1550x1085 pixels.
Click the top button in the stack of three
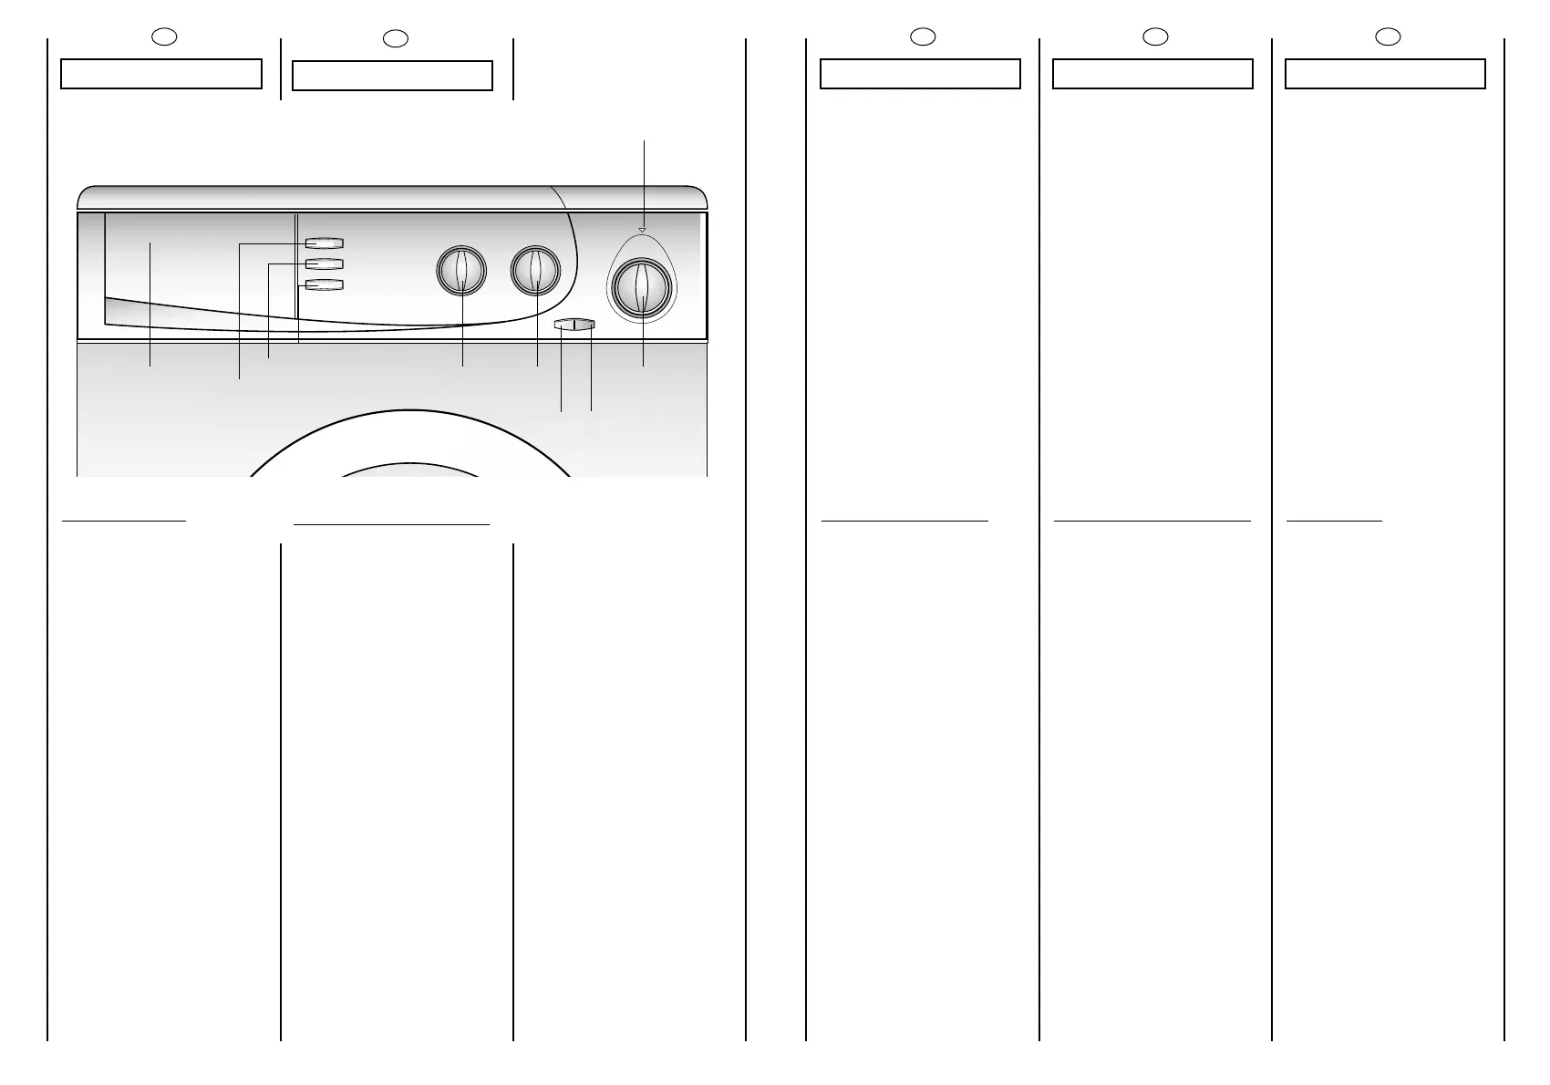coord(324,243)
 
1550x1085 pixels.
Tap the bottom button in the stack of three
coord(324,285)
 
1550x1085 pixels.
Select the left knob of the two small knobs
coord(461,271)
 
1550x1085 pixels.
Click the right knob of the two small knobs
coord(535,271)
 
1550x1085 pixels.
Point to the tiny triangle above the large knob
coord(642,230)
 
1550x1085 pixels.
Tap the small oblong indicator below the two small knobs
coord(574,324)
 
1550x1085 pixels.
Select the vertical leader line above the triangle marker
coord(645,182)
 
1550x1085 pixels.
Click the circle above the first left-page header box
coord(162,36)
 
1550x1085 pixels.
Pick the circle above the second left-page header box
coord(394,37)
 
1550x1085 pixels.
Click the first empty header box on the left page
coord(161,74)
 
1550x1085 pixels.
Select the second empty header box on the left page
coord(392,76)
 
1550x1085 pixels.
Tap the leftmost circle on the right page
coord(922,36)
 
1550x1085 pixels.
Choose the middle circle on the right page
coord(1154,36)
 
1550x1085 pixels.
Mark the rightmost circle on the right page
coord(1387,36)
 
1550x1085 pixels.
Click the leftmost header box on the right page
coord(920,74)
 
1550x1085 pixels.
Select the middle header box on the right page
coord(1152,74)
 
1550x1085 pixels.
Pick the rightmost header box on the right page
coord(1385,74)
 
